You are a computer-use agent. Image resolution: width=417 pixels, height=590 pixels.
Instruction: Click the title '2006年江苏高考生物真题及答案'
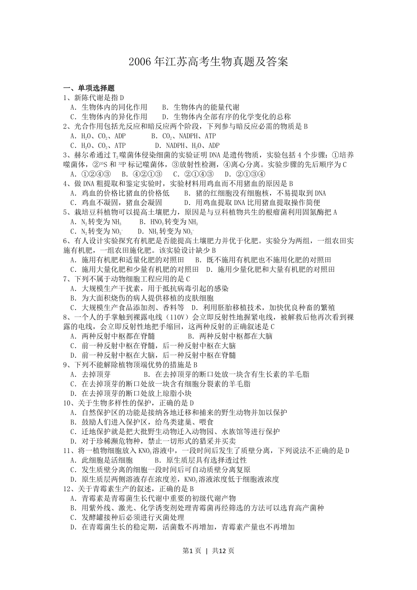208,62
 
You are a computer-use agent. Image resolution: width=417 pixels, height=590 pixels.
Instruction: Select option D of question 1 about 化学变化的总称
226,117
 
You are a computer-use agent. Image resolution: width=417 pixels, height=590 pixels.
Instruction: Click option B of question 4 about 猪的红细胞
255,193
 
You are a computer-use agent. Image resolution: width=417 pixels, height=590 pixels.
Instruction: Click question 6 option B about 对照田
263,260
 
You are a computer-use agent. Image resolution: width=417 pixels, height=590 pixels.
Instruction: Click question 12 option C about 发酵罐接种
127,518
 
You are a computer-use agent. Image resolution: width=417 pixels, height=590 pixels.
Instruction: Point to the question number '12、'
70,489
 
